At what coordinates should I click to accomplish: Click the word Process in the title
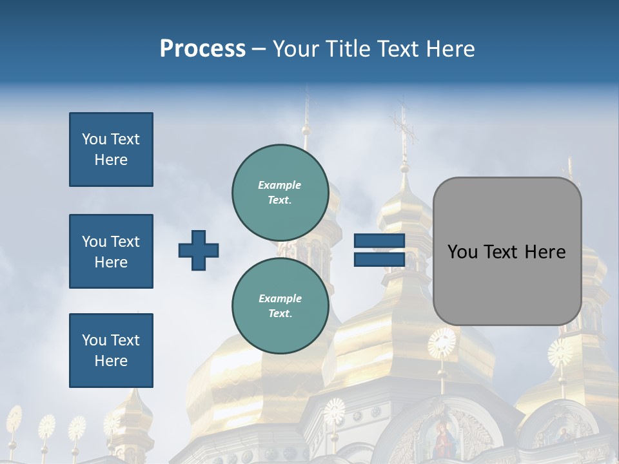click(202, 49)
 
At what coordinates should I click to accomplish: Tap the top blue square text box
click(111, 150)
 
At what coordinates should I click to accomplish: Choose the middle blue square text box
click(111, 251)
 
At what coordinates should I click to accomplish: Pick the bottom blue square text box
click(111, 351)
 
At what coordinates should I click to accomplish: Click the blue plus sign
click(199, 250)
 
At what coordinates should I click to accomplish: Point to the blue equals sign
click(379, 250)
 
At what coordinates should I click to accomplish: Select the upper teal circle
click(280, 192)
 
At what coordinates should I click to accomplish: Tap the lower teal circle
click(280, 305)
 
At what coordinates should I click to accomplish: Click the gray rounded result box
click(507, 251)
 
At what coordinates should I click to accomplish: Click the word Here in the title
click(452, 49)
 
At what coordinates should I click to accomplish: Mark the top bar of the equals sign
click(379, 241)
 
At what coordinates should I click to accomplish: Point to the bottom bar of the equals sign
click(379, 259)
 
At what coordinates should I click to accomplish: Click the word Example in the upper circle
click(280, 185)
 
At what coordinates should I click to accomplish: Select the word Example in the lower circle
click(280, 298)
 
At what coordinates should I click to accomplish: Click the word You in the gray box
click(462, 252)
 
